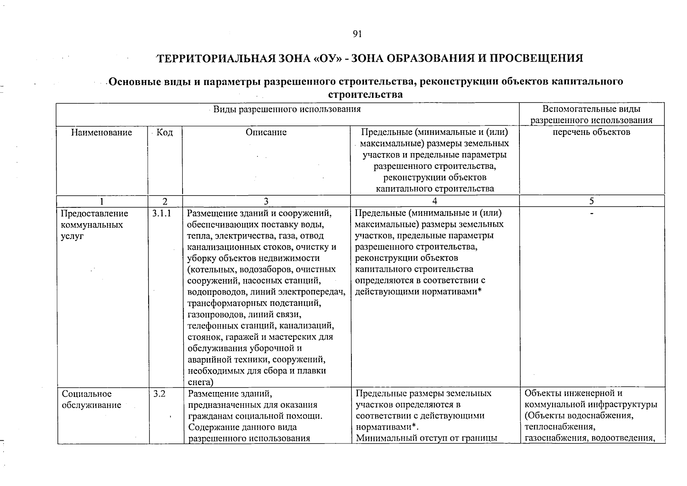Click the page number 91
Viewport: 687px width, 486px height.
pyautogui.click(x=356, y=34)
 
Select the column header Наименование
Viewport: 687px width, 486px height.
pyautogui.click(x=102, y=132)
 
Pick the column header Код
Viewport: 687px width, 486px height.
pyautogui.click(x=164, y=132)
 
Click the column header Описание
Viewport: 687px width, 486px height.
pyautogui.click(x=266, y=132)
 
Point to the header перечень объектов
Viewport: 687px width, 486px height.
pyautogui.click(x=591, y=132)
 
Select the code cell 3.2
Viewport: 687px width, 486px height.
pyautogui.click(x=159, y=394)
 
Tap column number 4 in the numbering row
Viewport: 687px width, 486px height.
pyautogui.click(x=434, y=201)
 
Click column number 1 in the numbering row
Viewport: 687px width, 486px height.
pyautogui.click(x=102, y=201)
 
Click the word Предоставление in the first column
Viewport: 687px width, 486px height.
pyautogui.click(x=94, y=213)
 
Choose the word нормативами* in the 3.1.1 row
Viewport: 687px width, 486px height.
pyautogui.click(x=452, y=292)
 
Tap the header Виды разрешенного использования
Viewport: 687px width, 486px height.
pyautogui.click(x=287, y=109)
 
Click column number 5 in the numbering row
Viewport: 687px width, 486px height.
pyautogui.click(x=591, y=201)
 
